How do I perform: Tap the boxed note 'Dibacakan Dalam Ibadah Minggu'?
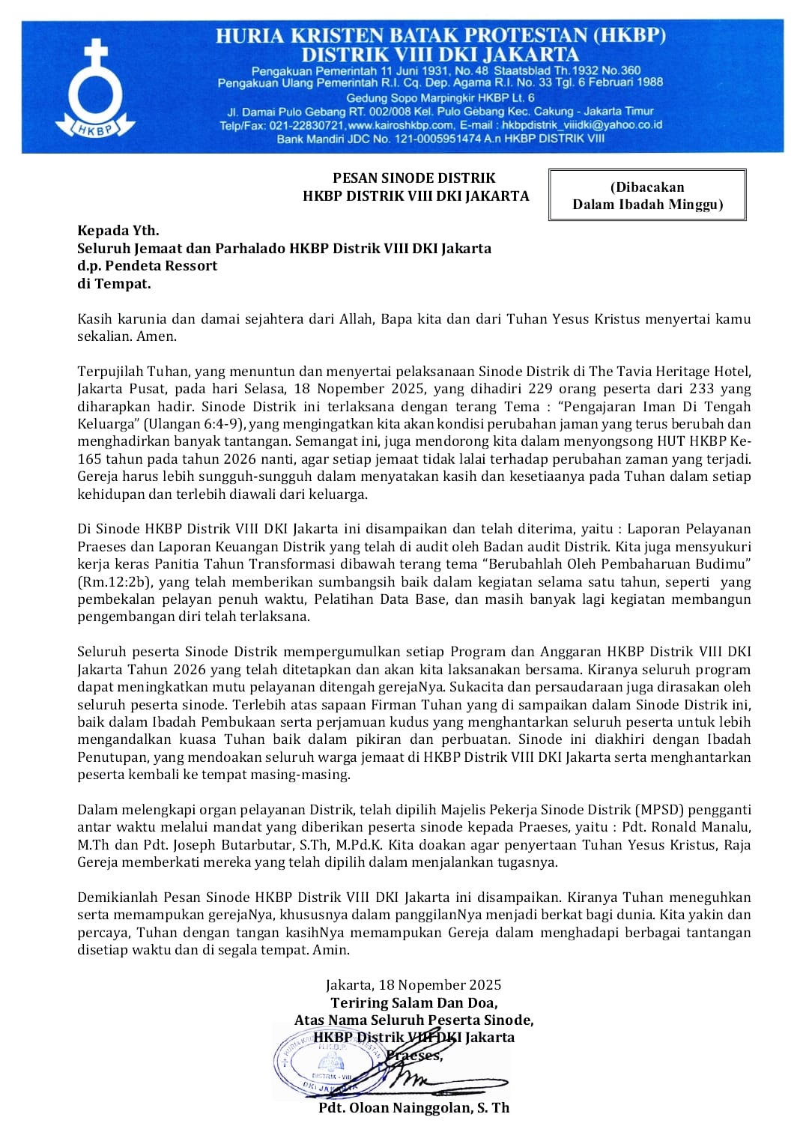(x=647, y=195)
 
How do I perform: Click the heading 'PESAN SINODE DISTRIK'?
(x=414, y=178)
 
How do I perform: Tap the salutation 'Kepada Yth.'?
(x=118, y=230)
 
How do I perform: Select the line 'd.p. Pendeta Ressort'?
(x=147, y=265)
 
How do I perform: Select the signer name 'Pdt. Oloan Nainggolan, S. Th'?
(x=413, y=1107)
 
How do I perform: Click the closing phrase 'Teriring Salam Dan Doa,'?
(x=414, y=1002)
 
